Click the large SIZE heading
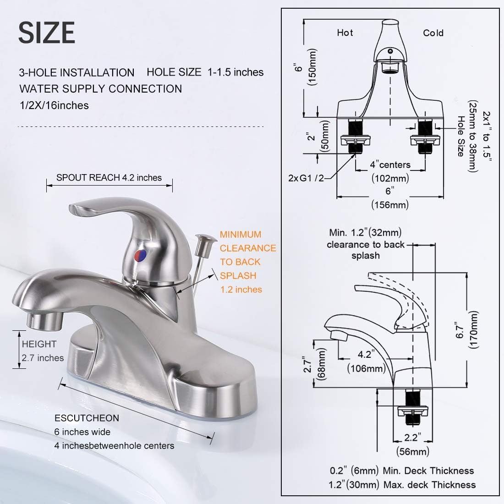47,33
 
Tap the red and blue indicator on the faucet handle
140,255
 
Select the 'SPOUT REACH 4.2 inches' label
109,178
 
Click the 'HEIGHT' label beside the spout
39,344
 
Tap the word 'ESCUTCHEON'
87,418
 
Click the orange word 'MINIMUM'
241,234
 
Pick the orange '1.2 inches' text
241,290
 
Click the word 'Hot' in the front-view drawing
345,33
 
